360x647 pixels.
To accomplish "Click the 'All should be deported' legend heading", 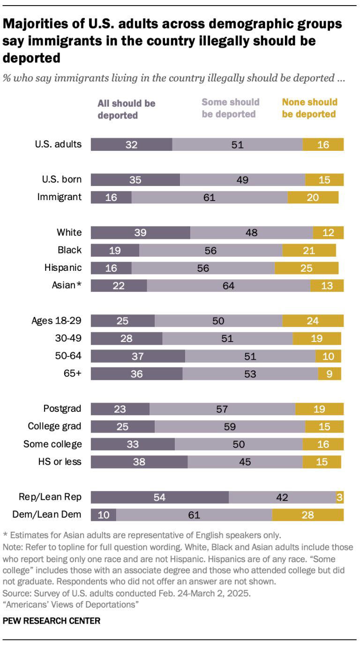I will pos(126,109).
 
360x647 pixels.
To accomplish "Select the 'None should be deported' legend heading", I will pos(309,108).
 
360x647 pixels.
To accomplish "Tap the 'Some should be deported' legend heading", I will pos(230,108).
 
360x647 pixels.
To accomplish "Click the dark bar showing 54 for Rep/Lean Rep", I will pos(159,497).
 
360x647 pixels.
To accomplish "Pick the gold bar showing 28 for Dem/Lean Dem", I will pos(307,515).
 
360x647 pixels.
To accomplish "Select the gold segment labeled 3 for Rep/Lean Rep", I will pos(339,497).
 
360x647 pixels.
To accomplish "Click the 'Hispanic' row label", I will pos(63,268).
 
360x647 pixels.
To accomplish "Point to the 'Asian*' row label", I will pos(66,285).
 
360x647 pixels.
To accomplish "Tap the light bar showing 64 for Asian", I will pos(228,286).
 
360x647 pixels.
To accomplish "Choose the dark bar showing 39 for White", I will pos(140,232).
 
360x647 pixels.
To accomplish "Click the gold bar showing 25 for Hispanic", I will pos(306,268).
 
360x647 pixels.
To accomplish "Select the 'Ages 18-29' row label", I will pos(56,320).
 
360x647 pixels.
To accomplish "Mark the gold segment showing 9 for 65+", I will pos(329,373).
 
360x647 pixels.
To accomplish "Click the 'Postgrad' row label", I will pos(62,409).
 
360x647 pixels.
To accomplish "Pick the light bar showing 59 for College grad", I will pos(230,426).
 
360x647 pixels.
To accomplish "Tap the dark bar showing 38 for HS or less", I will pos(139,461).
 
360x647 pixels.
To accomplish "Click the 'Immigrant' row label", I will pos(60,197).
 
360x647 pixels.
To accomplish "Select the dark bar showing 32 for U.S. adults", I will pos(131,144).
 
